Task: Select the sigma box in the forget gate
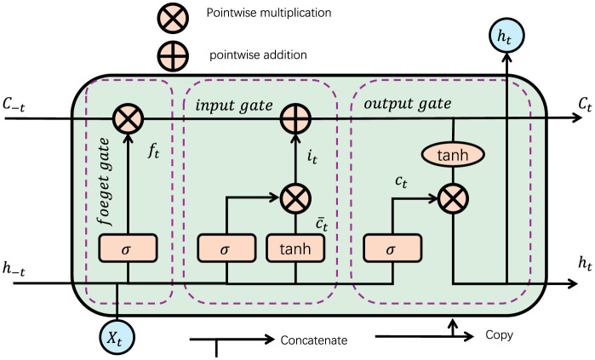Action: pos(128,249)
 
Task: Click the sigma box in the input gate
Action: pos(226,249)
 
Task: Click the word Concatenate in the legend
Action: pos(314,340)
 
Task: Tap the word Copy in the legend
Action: pos(500,335)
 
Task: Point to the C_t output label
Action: pos(561,104)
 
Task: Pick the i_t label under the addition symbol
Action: pos(313,156)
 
